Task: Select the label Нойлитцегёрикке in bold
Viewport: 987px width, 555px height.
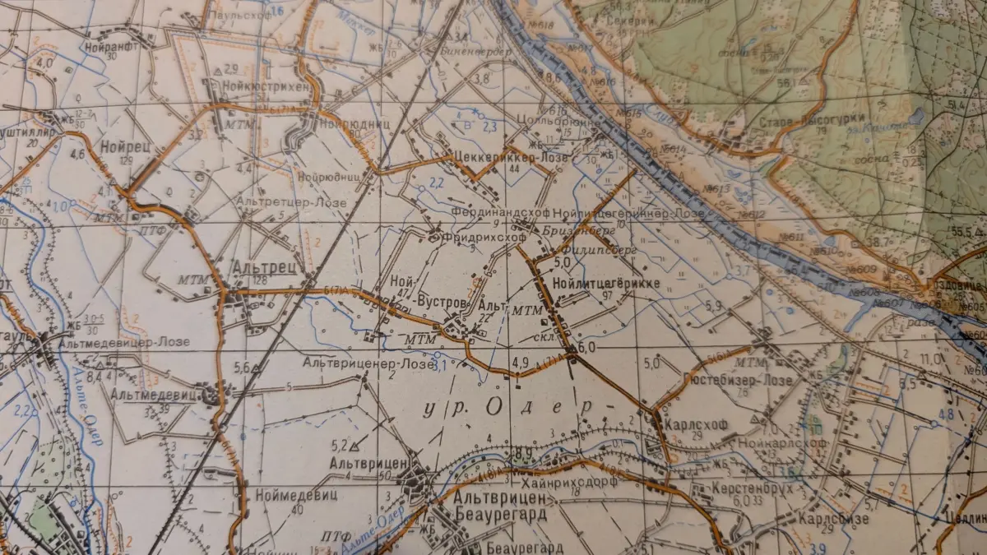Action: [x=608, y=283]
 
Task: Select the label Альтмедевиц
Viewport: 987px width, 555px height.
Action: [x=155, y=395]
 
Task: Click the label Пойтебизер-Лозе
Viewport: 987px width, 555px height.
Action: [x=738, y=381]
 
